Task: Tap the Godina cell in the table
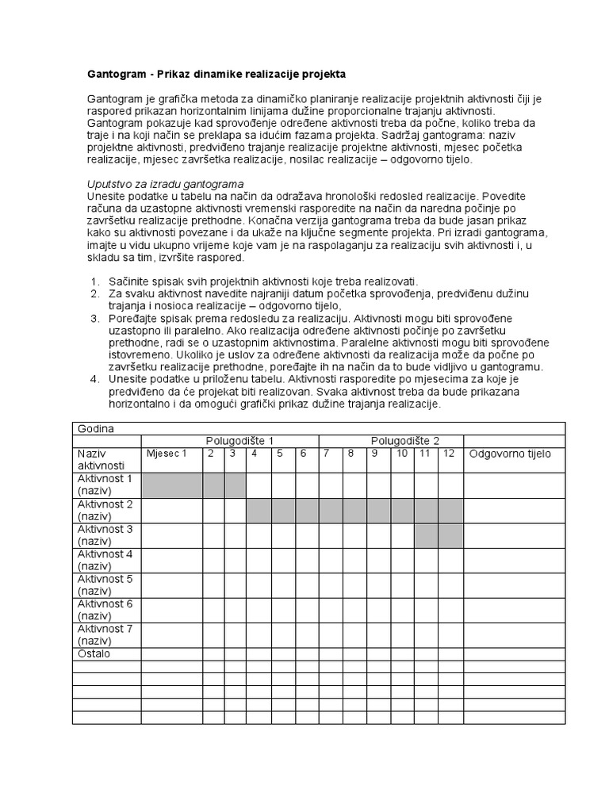pos(96,429)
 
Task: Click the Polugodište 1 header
pos(239,441)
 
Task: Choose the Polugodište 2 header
pos(405,441)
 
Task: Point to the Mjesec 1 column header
pos(167,454)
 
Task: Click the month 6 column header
pos(302,454)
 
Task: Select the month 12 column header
pos(449,454)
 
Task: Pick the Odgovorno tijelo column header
pos(510,454)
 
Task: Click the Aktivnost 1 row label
pos(105,485)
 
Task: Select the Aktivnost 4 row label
pos(105,560)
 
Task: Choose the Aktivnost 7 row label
pos(105,634)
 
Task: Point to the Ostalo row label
pos(94,654)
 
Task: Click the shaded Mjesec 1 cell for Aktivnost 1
pos(172,485)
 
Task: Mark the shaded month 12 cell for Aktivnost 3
pos(451,535)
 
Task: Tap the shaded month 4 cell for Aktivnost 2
pos(259,511)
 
